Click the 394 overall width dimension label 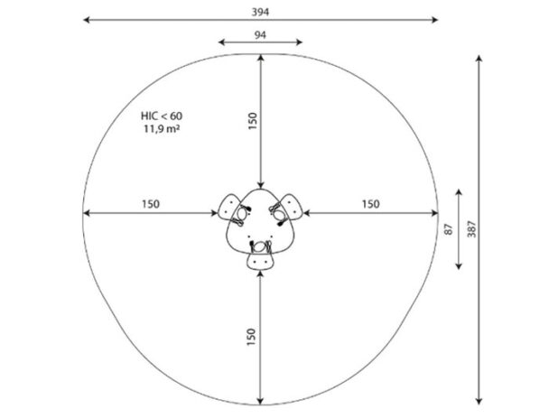(x=260, y=13)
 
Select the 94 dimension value (x=260, y=35)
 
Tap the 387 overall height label (x=471, y=229)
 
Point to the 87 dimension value (x=449, y=229)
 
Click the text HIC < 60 (x=162, y=116)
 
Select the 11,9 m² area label (x=162, y=129)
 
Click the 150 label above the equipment (x=253, y=121)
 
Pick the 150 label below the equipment (x=251, y=337)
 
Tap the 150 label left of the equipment (x=151, y=204)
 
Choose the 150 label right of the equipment (x=370, y=204)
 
